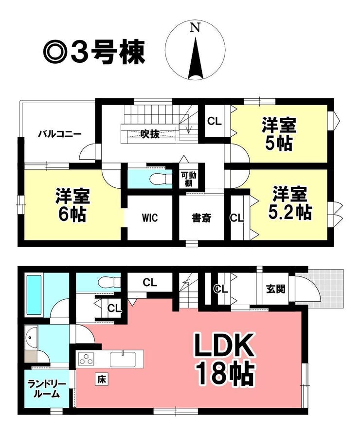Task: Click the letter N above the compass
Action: point(196,28)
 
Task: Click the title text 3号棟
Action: point(108,53)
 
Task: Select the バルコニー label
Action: point(60,134)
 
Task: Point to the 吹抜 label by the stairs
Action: point(150,134)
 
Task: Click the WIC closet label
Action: point(150,218)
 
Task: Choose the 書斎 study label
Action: point(201,218)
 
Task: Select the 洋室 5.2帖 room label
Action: point(289,203)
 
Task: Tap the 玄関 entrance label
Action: point(276,289)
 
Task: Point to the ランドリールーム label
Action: point(47,389)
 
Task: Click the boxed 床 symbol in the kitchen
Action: point(102,379)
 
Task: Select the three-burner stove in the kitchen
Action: point(86,359)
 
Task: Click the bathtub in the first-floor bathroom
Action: point(34,295)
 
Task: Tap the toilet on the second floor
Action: point(161,178)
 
